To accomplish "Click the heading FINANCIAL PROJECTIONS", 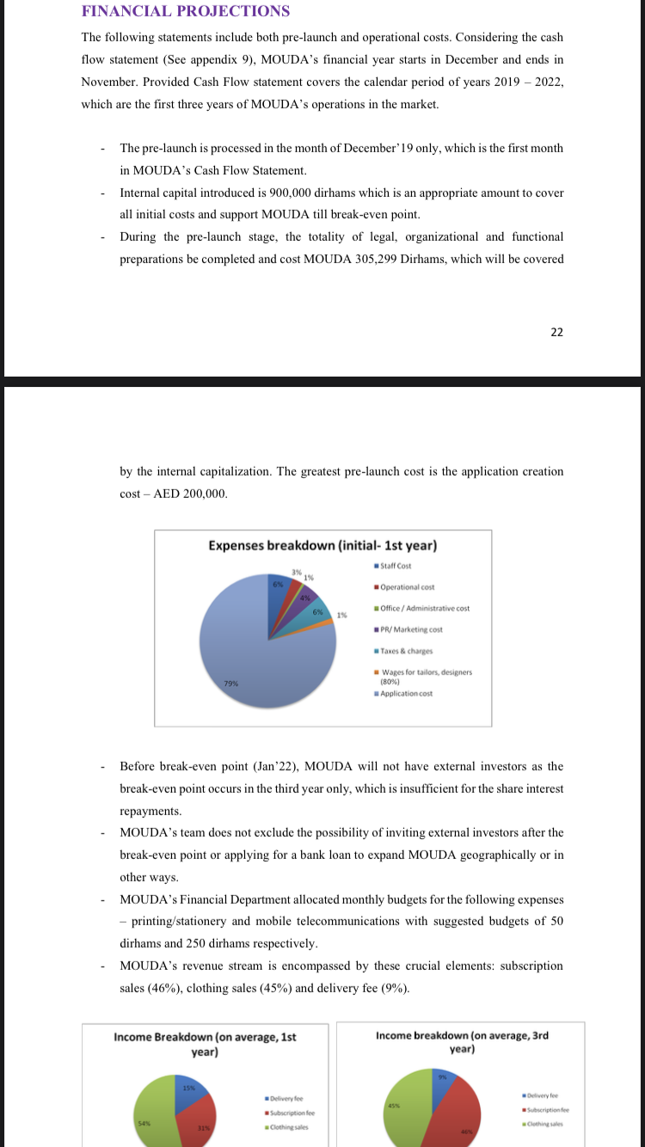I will point(185,11).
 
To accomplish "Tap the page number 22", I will point(556,333).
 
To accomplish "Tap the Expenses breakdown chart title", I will point(322,546).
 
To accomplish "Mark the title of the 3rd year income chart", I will point(462,1042).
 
